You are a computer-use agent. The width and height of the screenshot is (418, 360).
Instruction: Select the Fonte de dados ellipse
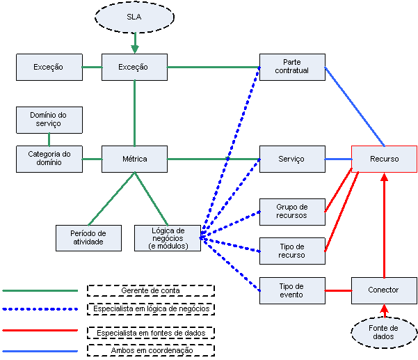click(384, 332)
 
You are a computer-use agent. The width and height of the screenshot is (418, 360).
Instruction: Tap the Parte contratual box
click(291, 67)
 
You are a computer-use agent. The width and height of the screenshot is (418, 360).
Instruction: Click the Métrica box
click(134, 159)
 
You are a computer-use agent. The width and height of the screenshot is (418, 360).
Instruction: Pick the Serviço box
click(291, 159)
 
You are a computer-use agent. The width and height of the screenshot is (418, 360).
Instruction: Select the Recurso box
click(384, 159)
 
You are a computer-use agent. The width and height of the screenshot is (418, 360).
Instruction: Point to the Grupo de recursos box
click(291, 211)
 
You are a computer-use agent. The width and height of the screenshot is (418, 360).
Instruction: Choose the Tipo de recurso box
click(291, 251)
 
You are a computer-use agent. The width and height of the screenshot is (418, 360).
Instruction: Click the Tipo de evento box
click(291, 290)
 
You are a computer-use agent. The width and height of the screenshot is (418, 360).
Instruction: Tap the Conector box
click(384, 290)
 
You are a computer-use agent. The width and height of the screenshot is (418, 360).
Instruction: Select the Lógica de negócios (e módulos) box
click(168, 237)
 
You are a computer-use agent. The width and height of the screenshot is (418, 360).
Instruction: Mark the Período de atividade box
click(88, 237)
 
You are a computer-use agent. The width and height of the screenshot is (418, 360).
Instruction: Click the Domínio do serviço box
click(49, 119)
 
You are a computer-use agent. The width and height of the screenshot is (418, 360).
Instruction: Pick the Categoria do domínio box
click(49, 159)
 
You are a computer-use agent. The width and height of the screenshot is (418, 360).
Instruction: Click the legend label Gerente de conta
click(150, 290)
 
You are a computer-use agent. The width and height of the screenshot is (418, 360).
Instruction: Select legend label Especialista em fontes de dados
click(150, 332)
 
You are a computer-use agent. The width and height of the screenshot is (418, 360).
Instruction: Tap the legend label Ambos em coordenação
click(150, 351)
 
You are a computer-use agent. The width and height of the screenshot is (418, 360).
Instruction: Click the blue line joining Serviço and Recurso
click(337, 159)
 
